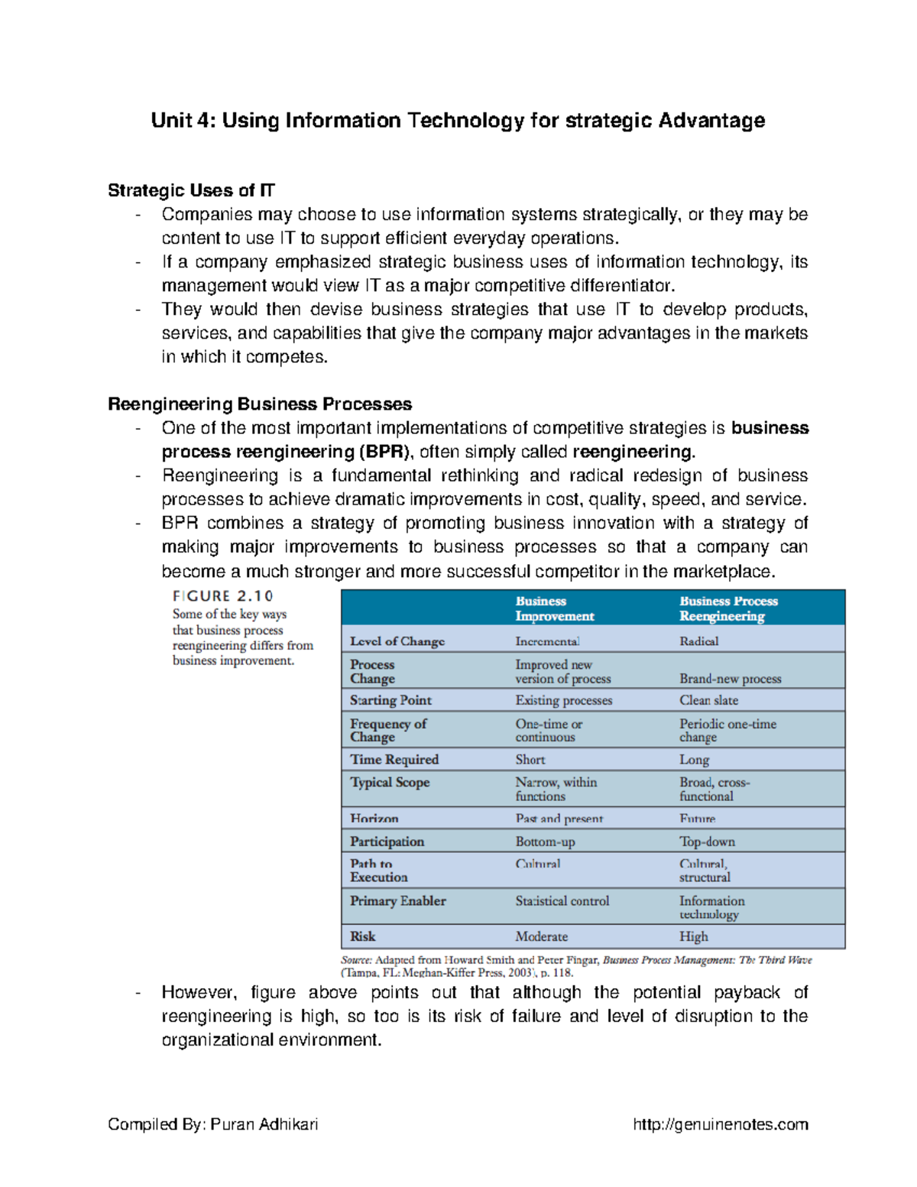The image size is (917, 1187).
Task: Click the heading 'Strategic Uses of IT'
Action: [x=191, y=190]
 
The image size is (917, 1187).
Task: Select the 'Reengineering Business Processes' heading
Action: [x=260, y=404]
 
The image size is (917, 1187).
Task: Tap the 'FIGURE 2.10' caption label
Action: [x=222, y=596]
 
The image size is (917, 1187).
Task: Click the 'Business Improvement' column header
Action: [x=554, y=608]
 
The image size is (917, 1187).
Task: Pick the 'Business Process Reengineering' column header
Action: [x=728, y=608]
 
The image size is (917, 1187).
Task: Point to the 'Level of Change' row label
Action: [x=397, y=641]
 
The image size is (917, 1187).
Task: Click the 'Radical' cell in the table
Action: [x=698, y=641]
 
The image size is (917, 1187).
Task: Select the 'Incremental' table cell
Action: [x=547, y=641]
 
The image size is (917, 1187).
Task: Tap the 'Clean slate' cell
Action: [x=708, y=700]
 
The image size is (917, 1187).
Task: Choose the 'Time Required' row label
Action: [x=394, y=760]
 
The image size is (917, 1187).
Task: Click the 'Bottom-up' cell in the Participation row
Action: [x=545, y=842]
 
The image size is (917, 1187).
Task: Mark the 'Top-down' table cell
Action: [x=707, y=842]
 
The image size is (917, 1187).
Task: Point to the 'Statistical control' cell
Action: [x=562, y=901]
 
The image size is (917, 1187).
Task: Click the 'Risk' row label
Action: [x=363, y=936]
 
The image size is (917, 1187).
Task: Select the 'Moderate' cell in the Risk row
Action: [x=541, y=936]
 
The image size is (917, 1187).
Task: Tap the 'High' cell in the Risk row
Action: [x=693, y=936]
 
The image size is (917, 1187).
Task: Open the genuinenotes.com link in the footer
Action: [x=721, y=1124]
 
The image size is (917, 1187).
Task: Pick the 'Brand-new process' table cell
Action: [x=730, y=679]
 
